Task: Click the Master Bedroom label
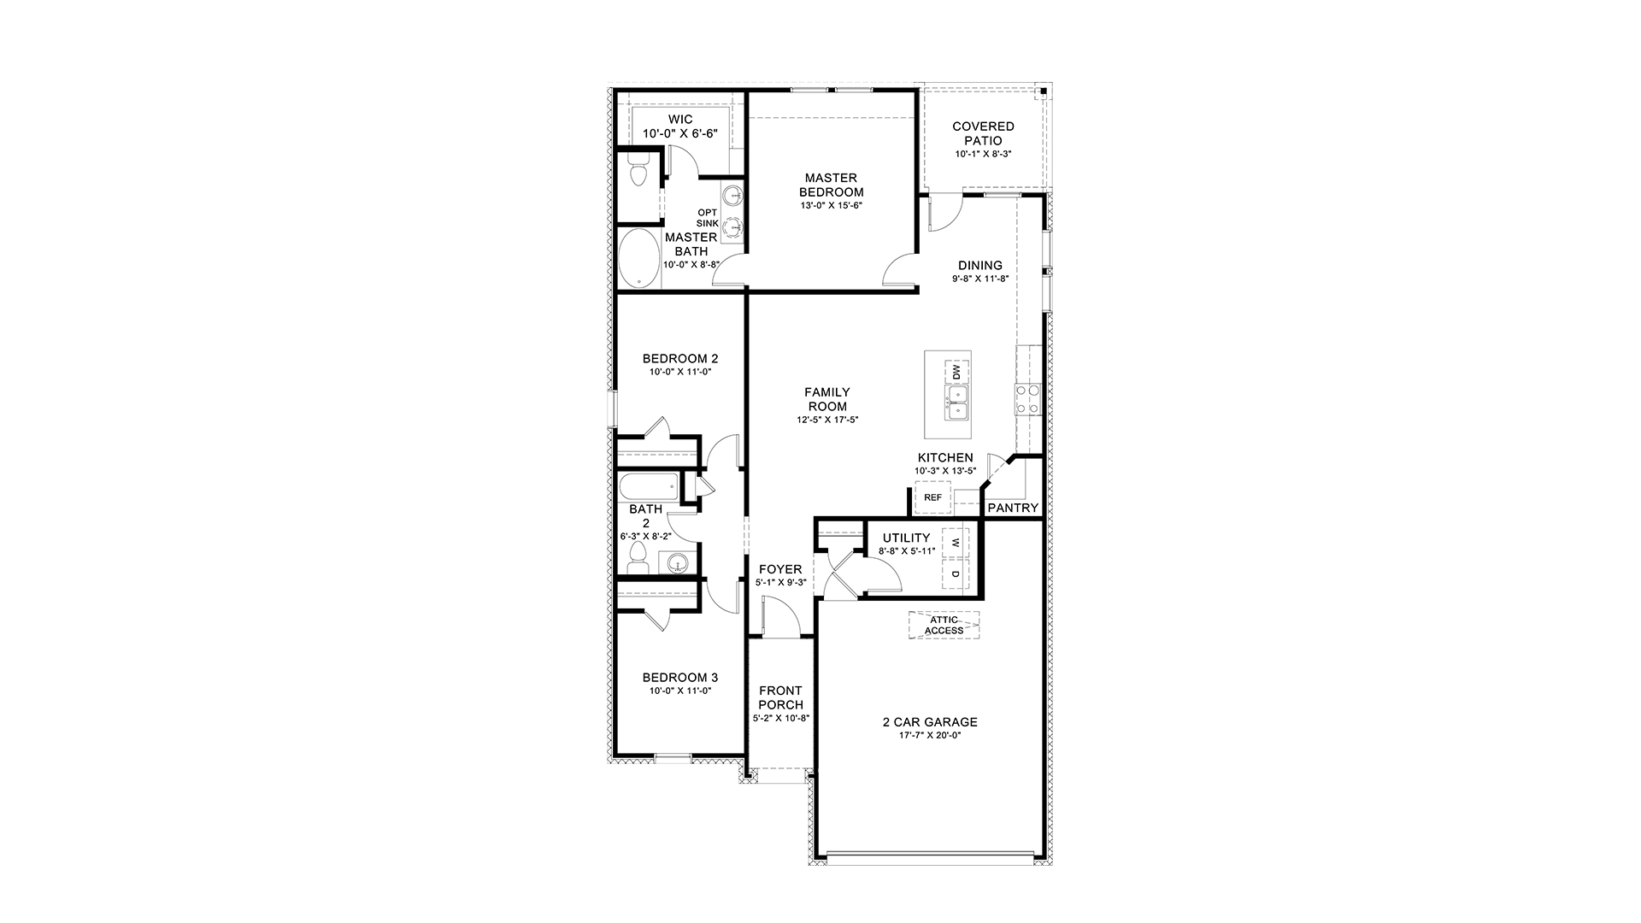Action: pos(831,185)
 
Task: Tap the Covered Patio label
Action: pos(983,134)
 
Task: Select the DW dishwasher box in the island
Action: pos(956,373)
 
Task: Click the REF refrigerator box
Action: pos(932,497)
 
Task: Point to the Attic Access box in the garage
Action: pos(944,626)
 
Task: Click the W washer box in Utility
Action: pos(956,544)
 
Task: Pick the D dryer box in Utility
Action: pos(956,573)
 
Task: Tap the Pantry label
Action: pos(1013,508)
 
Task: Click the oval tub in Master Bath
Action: pos(637,259)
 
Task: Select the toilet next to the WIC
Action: pos(637,176)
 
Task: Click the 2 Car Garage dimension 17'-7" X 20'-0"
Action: pos(930,736)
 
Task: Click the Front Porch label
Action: pos(780,697)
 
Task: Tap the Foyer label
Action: pos(780,569)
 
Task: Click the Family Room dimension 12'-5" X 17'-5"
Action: pos(826,420)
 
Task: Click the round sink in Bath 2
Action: pos(678,563)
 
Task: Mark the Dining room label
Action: pos(979,266)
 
